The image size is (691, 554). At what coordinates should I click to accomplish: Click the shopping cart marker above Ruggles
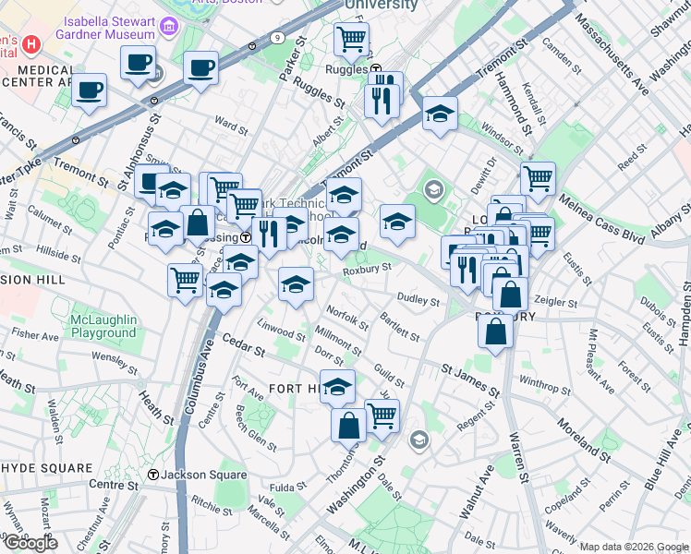pyautogui.click(x=351, y=39)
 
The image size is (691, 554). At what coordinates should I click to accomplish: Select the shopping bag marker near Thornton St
pyautogui.click(x=349, y=426)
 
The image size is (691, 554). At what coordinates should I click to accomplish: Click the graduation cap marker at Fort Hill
pyautogui.click(x=338, y=386)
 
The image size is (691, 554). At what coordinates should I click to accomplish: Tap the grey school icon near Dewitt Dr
pyautogui.click(x=433, y=190)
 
